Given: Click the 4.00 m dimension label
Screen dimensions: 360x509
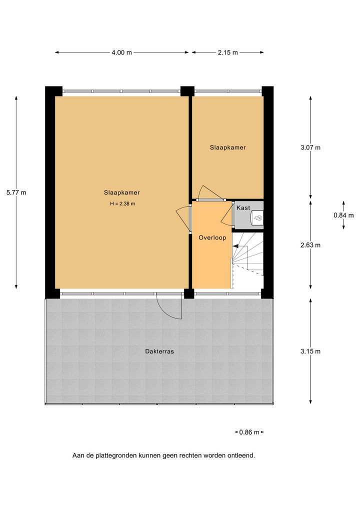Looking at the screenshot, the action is (121, 52).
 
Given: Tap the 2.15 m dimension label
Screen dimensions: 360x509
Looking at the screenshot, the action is (228, 52).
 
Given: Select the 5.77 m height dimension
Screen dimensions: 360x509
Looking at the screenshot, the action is (16, 192).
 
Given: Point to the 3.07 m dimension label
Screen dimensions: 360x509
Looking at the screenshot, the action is (310, 147).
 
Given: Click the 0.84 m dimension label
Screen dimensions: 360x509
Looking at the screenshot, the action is (343, 215).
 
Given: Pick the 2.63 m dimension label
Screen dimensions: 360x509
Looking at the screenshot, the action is (310, 245).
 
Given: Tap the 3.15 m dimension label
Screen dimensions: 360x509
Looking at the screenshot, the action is (310, 351).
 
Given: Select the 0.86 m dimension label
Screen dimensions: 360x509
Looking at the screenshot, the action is (249, 432).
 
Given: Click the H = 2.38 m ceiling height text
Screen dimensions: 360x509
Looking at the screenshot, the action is (122, 204).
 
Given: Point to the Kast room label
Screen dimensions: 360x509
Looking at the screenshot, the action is (243, 208).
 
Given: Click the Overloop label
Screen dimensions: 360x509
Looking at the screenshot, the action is (212, 237).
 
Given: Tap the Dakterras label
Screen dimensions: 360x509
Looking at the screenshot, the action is (159, 351).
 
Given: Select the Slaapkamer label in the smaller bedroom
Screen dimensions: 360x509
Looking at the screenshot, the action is (228, 147).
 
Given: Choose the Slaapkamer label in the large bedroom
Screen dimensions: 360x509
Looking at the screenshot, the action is (121, 192).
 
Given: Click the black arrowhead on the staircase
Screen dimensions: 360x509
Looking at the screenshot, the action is (235, 246).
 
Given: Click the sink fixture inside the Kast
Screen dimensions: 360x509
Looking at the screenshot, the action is (258, 218).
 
